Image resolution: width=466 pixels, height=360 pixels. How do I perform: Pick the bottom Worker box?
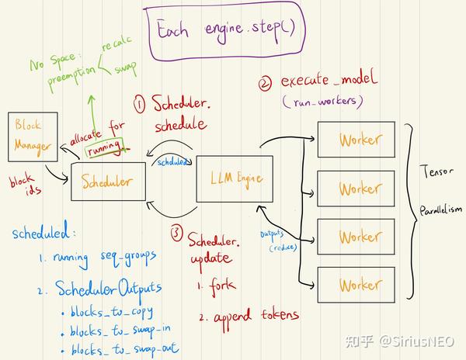[x=360, y=285]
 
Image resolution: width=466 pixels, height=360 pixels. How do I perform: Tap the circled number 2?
[x=266, y=81]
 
